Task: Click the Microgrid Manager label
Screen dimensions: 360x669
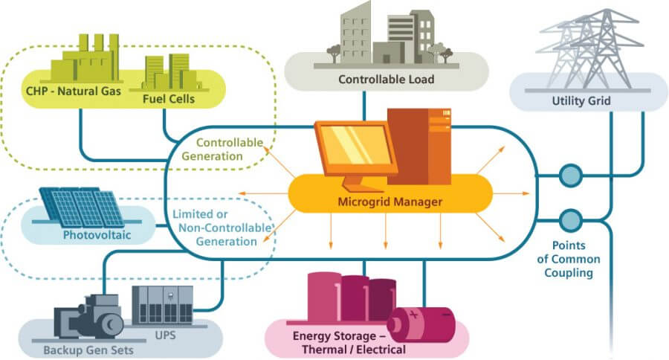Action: click(390, 202)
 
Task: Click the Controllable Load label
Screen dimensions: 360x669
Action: click(386, 79)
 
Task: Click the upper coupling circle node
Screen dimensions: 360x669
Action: click(570, 176)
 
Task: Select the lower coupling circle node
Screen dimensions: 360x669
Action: click(570, 220)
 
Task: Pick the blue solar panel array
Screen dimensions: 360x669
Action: click(82, 206)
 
